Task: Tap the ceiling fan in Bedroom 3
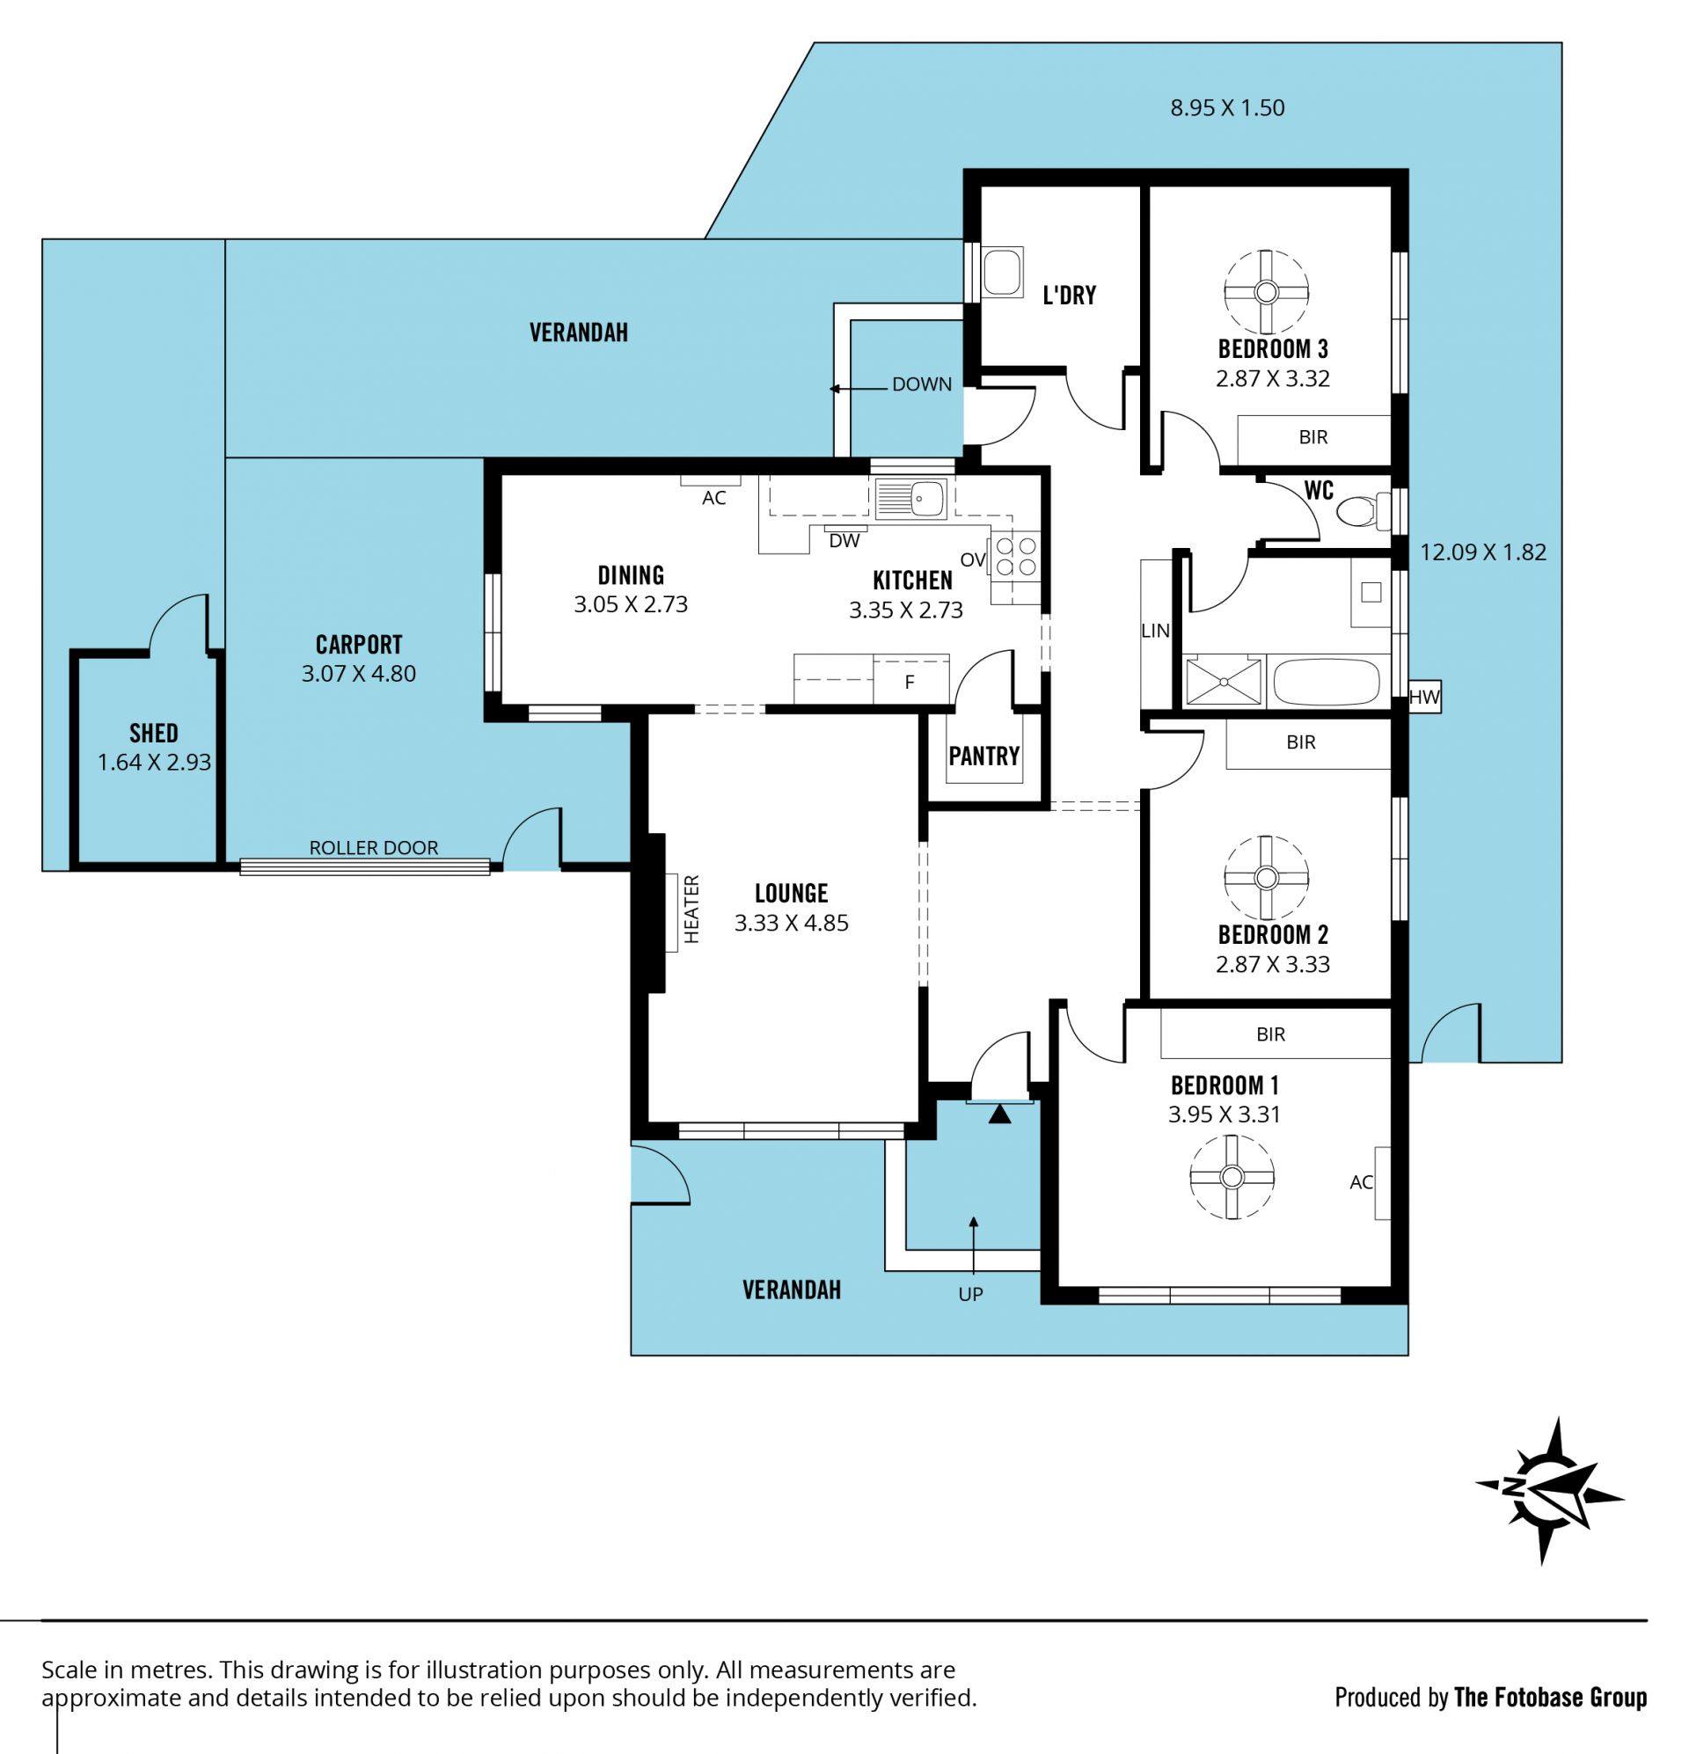point(1266,292)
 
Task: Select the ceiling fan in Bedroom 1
point(1232,1177)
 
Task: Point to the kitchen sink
point(910,500)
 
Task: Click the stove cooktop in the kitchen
point(1016,556)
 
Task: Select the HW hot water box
point(1424,696)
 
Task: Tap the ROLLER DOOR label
point(374,847)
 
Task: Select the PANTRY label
point(984,756)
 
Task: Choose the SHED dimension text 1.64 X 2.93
point(154,763)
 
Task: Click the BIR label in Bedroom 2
point(1301,742)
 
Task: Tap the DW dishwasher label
point(844,540)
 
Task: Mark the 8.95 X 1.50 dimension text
point(1227,107)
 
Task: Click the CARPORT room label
point(359,644)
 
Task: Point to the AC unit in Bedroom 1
point(1383,1183)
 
